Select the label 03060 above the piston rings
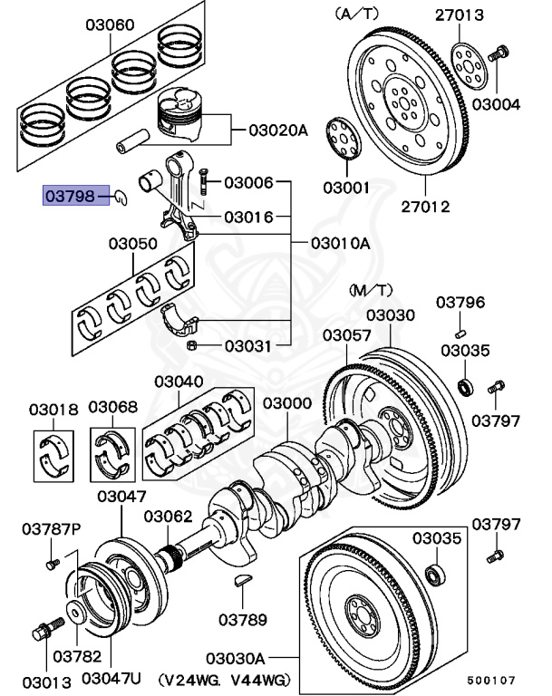[x=111, y=25]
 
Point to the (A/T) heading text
[x=358, y=13]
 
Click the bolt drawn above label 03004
[x=499, y=53]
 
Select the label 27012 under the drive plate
[x=425, y=207]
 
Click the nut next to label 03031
[x=191, y=345]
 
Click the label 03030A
[x=234, y=657]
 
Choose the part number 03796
[x=460, y=302]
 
